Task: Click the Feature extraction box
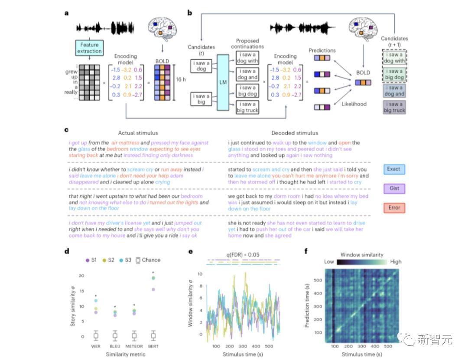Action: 90,48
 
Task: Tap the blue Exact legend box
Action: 394,169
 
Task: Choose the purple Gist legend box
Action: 394,188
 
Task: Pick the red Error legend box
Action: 394,208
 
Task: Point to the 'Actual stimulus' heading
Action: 138,133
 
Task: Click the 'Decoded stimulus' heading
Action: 294,133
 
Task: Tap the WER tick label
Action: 96,347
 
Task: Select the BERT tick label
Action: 153,347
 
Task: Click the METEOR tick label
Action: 134,347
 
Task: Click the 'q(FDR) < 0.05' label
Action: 242,255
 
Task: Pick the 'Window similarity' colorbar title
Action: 362,255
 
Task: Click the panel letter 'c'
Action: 66,129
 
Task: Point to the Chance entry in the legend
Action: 147,260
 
